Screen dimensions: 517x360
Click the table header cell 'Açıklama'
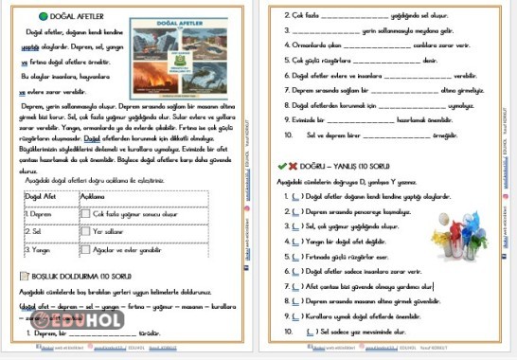tap(95, 196)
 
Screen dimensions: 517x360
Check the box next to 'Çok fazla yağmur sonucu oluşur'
tap(86, 215)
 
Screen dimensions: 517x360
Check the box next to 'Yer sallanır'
tap(86, 232)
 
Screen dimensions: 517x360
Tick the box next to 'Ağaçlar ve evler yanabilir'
tap(86, 251)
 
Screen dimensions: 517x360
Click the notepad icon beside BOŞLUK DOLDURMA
tap(24, 276)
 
